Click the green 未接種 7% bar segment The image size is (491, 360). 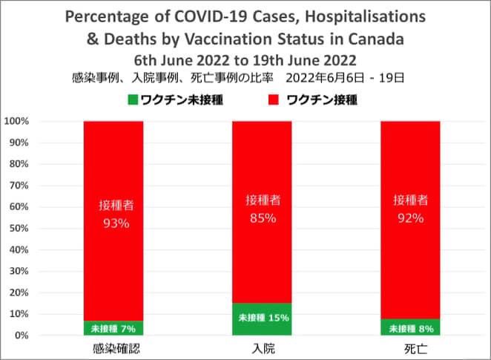[113, 327]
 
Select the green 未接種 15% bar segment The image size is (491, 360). [262, 319]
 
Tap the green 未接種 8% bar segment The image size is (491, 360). [410, 327]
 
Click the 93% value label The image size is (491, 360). [113, 222]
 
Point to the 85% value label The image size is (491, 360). [262, 218]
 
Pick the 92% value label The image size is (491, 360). [410, 217]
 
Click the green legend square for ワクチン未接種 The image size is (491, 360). [134, 99]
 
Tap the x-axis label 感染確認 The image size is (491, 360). [113, 348]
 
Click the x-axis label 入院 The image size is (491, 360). [262, 348]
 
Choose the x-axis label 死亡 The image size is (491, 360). [410, 348]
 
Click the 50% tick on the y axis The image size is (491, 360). [18, 228]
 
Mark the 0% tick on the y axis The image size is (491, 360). [20, 336]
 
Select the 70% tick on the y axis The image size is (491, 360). [18, 185]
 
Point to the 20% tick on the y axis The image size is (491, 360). [18, 292]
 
